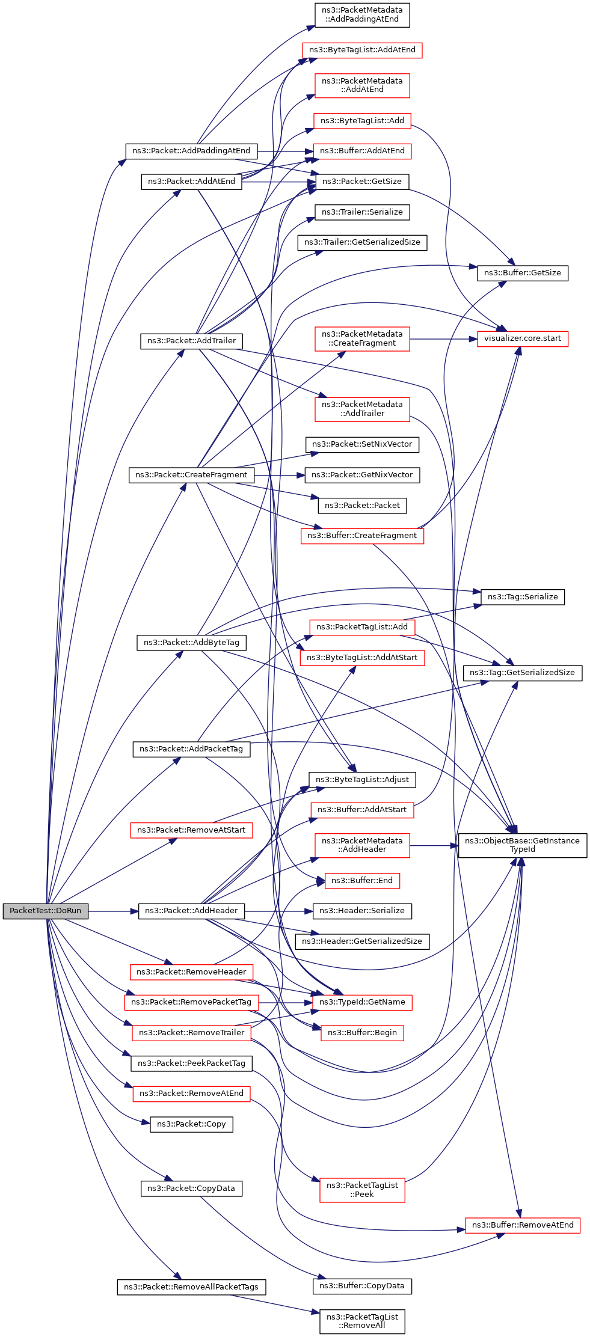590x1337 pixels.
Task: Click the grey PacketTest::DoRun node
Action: pos(45,910)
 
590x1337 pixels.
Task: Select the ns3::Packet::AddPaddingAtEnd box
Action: pos(191,150)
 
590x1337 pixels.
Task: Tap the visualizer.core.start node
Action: pos(522,338)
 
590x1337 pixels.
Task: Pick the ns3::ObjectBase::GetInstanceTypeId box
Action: pos(522,845)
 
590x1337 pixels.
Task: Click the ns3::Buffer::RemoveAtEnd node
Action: pos(522,1225)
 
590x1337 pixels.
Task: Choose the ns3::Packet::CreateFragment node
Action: pos(191,474)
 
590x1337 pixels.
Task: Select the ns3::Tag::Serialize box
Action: pos(522,596)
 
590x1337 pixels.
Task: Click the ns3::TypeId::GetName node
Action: pos(362,1002)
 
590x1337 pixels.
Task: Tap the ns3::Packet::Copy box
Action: pos(191,1124)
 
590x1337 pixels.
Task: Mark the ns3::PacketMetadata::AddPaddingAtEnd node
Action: pos(362,14)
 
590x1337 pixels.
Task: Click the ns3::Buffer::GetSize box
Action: pos(522,272)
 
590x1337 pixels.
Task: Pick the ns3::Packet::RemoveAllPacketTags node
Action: pos(191,1287)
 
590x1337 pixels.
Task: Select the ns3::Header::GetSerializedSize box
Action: pos(362,941)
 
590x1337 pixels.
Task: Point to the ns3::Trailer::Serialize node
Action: pos(362,212)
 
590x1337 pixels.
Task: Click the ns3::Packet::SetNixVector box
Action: pos(362,444)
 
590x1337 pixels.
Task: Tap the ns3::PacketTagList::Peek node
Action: pos(362,1189)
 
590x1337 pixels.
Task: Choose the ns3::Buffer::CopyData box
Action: pos(362,1285)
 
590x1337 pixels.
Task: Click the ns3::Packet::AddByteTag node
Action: pos(191,642)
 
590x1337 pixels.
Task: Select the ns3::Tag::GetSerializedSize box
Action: pos(522,672)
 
